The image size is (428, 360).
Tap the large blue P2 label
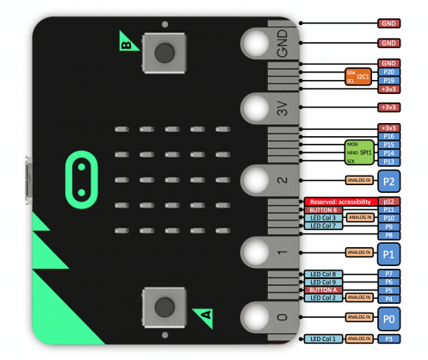click(x=388, y=182)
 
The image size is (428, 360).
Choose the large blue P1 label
click(x=388, y=253)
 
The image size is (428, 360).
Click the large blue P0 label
click(x=388, y=318)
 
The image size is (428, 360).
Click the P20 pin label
click(x=388, y=71)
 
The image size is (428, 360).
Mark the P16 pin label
click(x=388, y=136)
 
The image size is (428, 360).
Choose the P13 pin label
click(x=388, y=161)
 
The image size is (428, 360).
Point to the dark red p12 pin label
click(x=388, y=201)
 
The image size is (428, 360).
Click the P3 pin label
click(x=388, y=340)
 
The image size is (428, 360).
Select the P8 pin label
click(x=388, y=234)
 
